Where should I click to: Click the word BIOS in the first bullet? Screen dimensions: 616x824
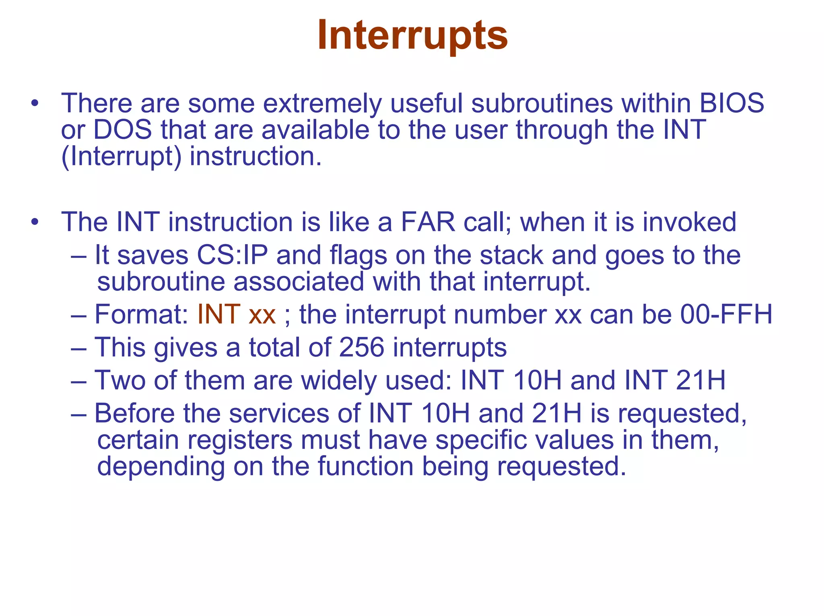731,103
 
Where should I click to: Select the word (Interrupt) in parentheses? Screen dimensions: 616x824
121,157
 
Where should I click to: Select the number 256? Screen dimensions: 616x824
362,347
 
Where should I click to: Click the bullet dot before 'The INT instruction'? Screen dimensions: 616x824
35,223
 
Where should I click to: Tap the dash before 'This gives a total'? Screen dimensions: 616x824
78,348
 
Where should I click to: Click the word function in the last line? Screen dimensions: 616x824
365,466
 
